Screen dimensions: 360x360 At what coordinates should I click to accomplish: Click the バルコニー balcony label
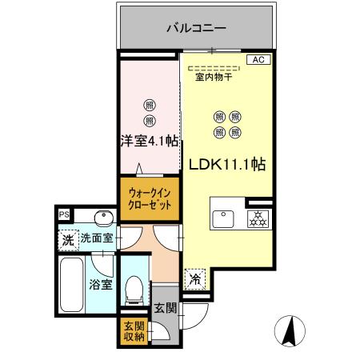[x=195, y=28]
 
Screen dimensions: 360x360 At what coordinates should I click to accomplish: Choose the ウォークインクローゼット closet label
[x=149, y=198]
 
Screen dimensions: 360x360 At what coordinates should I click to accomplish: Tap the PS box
[x=63, y=214]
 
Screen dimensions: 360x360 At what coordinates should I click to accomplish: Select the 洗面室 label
[x=97, y=238]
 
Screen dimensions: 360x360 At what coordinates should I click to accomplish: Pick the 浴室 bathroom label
[x=100, y=282]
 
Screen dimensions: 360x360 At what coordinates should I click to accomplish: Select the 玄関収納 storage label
[x=133, y=330]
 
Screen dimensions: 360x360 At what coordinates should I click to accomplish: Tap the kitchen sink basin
[x=223, y=217]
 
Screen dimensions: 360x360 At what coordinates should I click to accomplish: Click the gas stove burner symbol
[x=258, y=217]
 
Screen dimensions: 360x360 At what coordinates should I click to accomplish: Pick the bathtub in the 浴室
[x=74, y=283]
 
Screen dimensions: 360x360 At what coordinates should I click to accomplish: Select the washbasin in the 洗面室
[x=102, y=217]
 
